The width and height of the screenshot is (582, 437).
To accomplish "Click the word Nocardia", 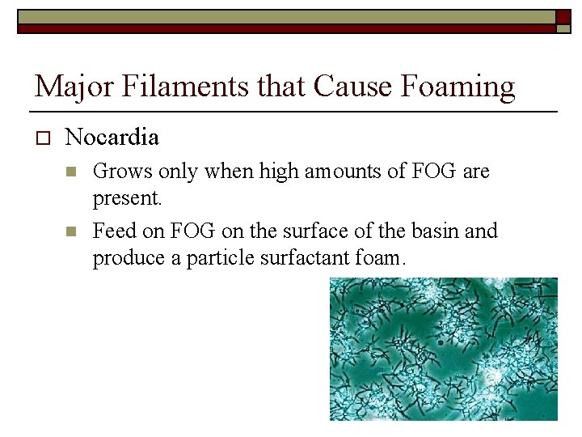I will [x=112, y=138].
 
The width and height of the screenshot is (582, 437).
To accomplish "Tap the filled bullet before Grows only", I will [x=71, y=172].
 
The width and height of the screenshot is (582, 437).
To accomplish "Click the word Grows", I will [x=118, y=172].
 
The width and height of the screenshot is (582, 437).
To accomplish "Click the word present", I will [x=124, y=197].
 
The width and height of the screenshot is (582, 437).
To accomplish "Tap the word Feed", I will [x=112, y=231].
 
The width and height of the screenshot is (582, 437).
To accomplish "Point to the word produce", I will [x=123, y=258].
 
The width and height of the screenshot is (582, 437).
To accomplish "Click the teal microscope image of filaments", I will [x=443, y=349].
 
